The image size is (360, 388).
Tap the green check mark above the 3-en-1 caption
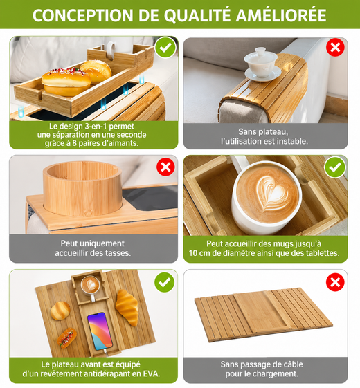(x=165, y=47)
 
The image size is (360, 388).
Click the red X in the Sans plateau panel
(x=335, y=47)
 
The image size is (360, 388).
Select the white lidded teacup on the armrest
(x=262, y=64)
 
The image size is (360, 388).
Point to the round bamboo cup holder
(x=82, y=188)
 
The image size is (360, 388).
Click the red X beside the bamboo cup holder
(x=165, y=167)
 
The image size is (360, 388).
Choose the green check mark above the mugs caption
(x=335, y=167)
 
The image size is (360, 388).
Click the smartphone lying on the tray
(x=100, y=331)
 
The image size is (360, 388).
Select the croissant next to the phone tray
(x=127, y=307)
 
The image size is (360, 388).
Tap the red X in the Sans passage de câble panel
(x=335, y=282)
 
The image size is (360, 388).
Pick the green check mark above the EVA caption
(x=164, y=282)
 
